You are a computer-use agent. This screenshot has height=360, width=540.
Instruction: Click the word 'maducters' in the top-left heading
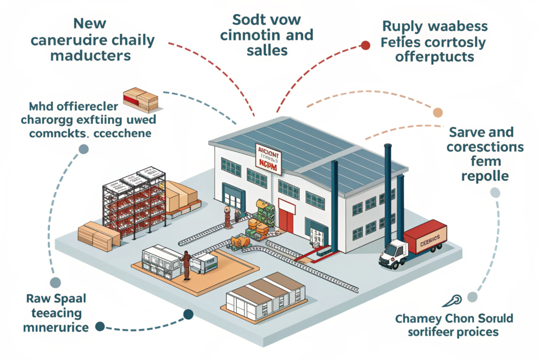[x=90, y=56]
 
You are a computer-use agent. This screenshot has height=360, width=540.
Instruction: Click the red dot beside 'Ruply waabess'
[x=365, y=45]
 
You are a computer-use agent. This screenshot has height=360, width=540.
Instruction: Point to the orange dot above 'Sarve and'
[x=438, y=112]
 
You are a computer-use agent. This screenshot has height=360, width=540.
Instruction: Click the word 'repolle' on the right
[x=485, y=176]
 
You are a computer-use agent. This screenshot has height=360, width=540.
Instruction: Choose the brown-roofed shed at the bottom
[x=265, y=295]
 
